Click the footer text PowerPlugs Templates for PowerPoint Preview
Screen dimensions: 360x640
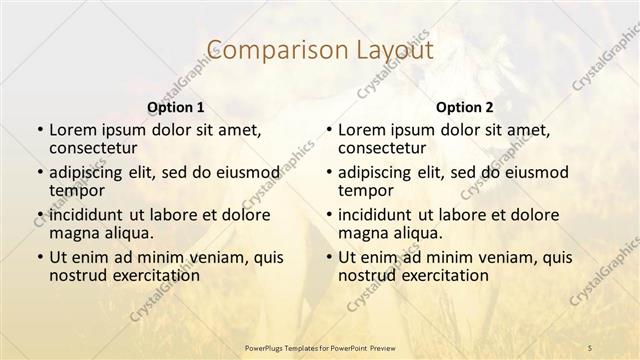pyautogui.click(x=320, y=348)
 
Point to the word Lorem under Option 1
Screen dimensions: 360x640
pyautogui.click(x=74, y=130)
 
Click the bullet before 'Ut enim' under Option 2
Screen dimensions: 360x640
pyautogui.click(x=328, y=257)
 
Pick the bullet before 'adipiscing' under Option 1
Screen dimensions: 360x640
pyautogui.click(x=39, y=172)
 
